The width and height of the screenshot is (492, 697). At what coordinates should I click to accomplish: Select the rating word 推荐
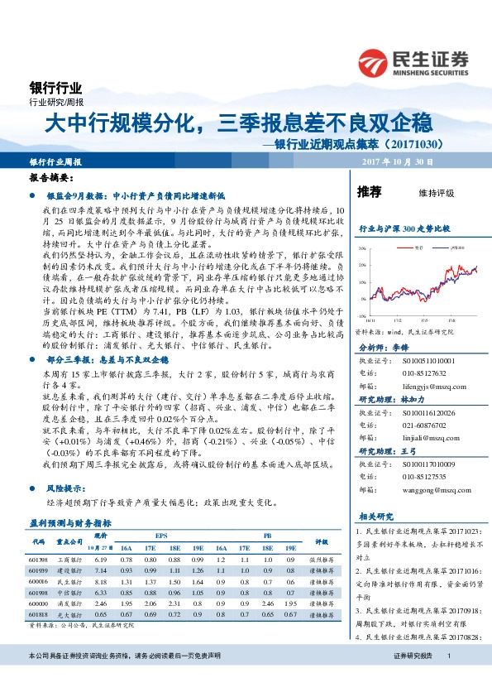(x=369, y=192)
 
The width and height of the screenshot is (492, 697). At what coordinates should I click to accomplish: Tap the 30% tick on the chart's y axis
(x=361, y=248)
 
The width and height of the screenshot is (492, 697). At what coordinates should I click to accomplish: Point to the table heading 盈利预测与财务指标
(x=70, y=523)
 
